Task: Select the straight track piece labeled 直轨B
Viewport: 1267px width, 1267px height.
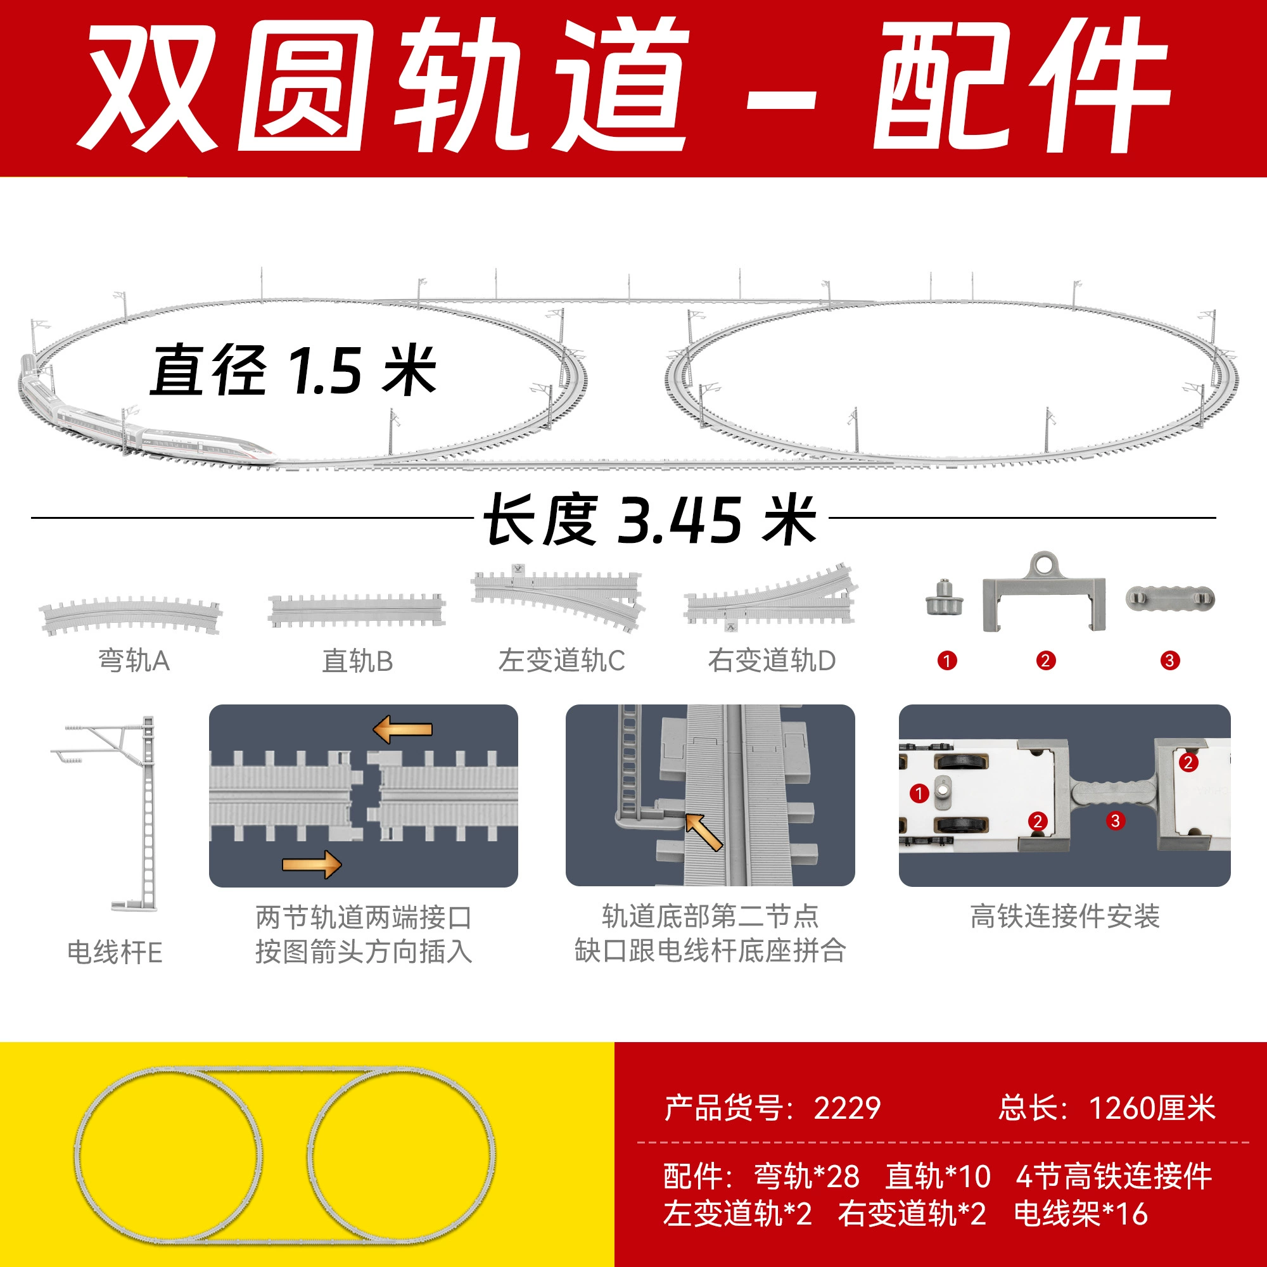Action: (357, 611)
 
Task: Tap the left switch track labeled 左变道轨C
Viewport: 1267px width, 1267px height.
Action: (557, 597)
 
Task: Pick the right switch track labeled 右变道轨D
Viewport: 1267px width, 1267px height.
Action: (771, 597)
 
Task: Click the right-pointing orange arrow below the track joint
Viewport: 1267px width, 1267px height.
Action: (312, 864)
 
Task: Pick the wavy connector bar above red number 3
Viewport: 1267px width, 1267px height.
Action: (1170, 598)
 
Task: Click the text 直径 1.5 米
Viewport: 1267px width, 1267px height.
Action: (293, 371)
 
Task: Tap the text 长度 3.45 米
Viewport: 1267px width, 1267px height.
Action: (650, 520)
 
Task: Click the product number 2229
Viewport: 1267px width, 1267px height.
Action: (846, 1107)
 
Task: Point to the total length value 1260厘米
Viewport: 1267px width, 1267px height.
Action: (1152, 1107)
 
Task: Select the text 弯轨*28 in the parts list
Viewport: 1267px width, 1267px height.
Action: (806, 1176)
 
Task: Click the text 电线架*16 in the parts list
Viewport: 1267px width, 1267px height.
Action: (1081, 1213)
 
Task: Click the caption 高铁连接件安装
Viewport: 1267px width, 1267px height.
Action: (1065, 916)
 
